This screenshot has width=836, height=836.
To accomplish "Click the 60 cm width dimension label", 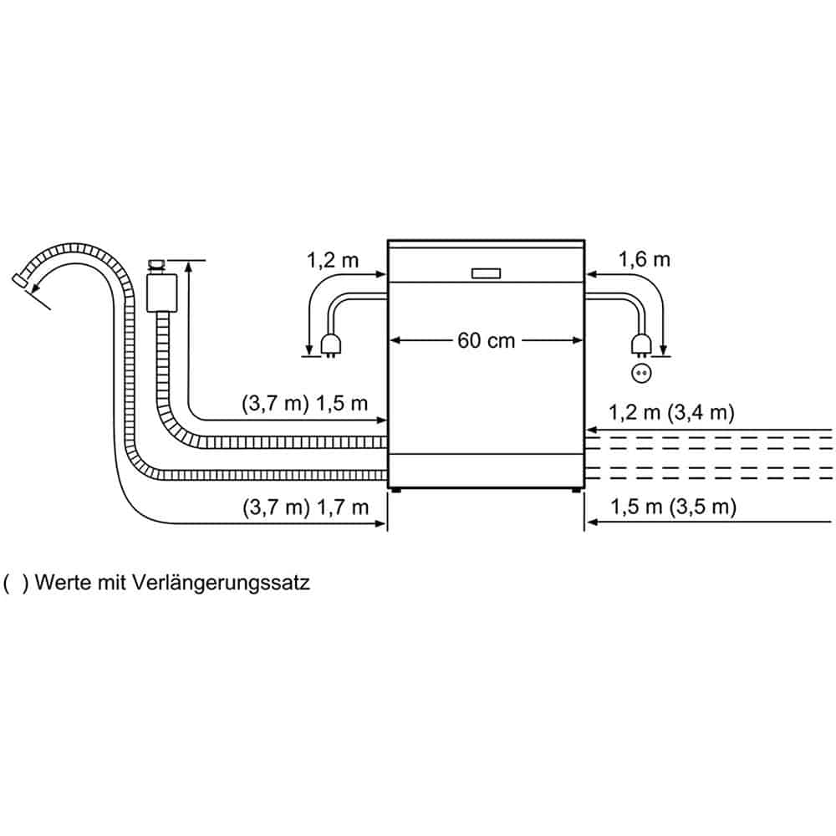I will tap(487, 340).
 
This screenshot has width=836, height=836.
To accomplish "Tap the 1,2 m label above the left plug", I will tap(331, 260).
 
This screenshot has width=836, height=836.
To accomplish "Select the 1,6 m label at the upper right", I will tap(644, 260).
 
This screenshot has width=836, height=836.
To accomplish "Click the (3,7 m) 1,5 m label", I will tap(304, 405).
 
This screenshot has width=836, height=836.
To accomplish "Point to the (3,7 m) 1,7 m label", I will tap(304, 507).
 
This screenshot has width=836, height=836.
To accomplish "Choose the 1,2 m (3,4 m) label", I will tap(671, 411).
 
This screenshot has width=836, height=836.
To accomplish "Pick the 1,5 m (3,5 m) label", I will tap(673, 507).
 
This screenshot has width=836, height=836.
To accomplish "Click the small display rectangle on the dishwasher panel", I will tap(486, 273).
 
